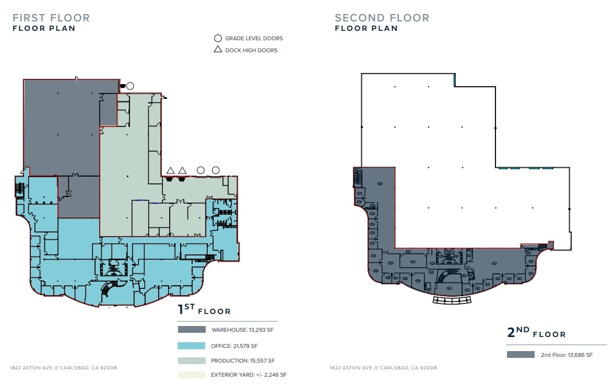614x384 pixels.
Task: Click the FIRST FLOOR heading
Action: point(51,18)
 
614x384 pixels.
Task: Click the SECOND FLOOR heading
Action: point(382,18)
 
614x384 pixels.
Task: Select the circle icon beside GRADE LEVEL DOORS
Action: point(218,38)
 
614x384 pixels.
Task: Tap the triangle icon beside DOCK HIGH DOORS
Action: point(218,50)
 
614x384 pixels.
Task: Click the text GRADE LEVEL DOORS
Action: point(254,38)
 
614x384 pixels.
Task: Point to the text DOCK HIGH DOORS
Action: point(251,50)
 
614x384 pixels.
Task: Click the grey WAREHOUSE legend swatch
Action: point(192,330)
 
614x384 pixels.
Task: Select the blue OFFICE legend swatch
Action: point(192,346)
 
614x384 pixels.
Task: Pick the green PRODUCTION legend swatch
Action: point(192,360)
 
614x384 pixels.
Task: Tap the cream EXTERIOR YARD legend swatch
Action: point(192,375)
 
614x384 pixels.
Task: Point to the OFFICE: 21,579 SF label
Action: point(234,346)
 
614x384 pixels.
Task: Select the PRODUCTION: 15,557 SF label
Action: point(243,360)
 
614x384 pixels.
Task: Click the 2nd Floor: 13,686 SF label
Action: point(566,355)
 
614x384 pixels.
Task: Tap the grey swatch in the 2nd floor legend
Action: point(521,355)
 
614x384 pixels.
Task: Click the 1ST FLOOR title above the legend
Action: point(204,310)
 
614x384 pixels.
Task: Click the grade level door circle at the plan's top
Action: point(130,86)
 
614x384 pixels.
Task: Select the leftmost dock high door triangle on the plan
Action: point(170,170)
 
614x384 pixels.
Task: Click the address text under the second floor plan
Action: point(383,368)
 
